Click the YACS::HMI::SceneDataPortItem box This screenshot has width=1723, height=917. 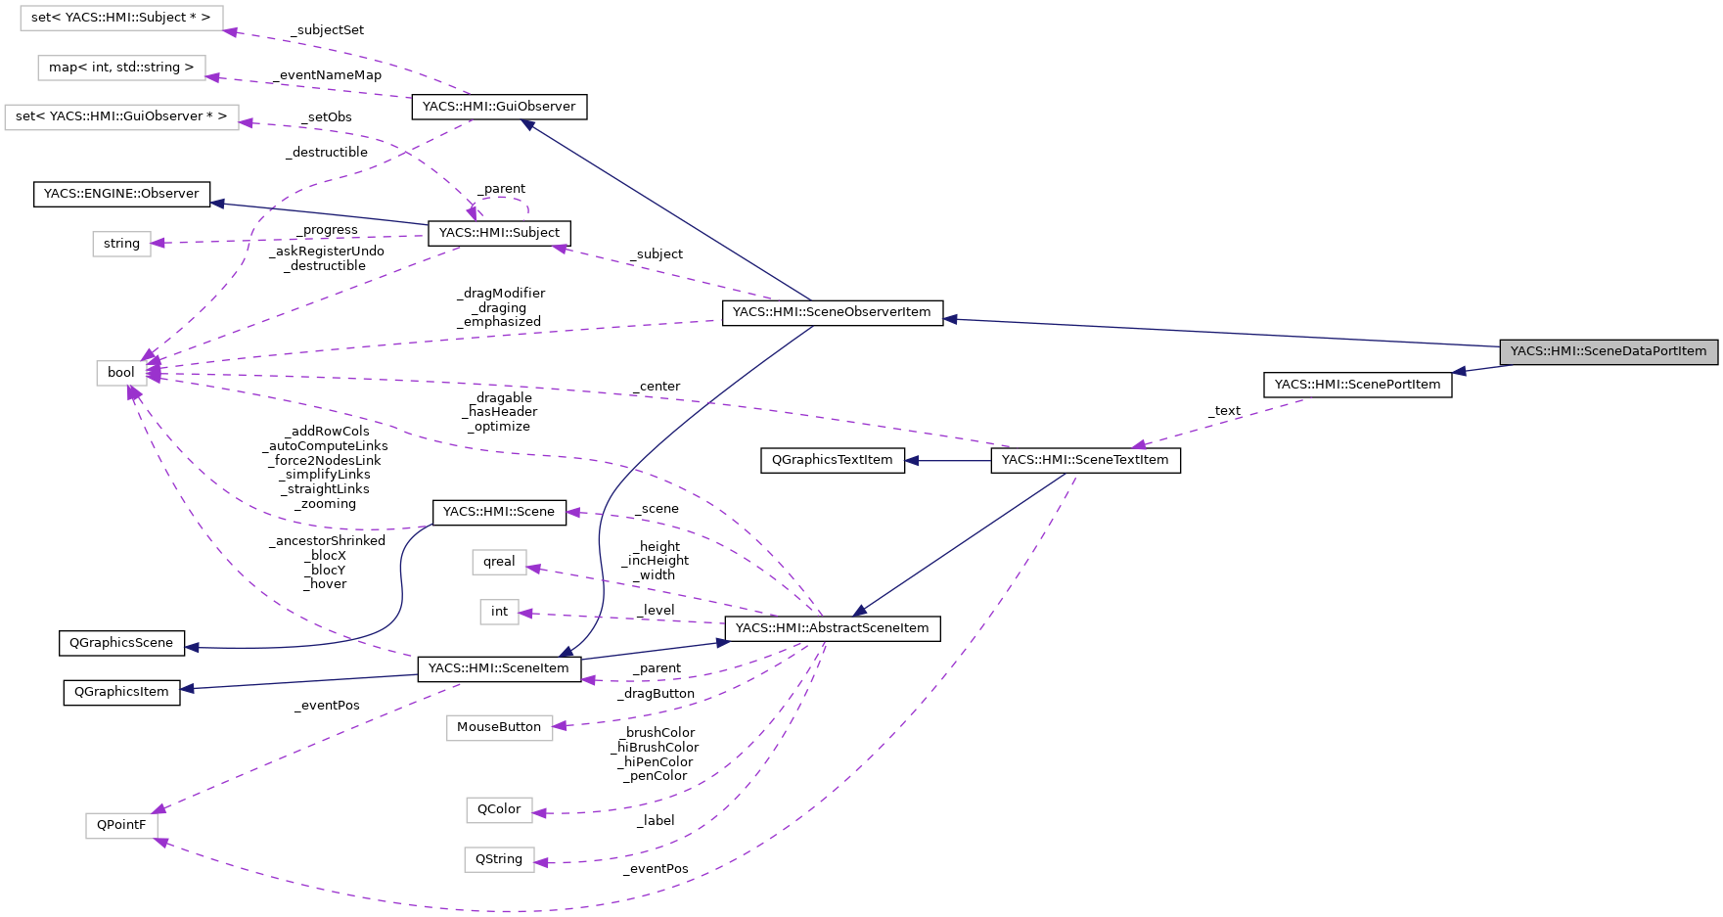pos(1608,351)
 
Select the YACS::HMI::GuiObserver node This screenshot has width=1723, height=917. pos(498,107)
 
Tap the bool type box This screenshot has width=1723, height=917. pos(121,373)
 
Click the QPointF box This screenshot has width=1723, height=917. pos(121,825)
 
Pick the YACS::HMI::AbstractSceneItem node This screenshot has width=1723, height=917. pos(832,628)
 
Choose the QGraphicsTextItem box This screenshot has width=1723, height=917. pos(832,460)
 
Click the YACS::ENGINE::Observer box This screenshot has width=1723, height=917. pos(121,194)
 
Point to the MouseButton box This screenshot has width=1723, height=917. pos(499,727)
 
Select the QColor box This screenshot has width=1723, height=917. pos(499,809)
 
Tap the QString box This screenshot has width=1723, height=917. pos(499,859)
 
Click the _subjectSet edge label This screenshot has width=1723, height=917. pos(328,30)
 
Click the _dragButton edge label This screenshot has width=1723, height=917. pos(656,694)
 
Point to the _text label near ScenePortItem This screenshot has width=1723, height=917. pos(1224,411)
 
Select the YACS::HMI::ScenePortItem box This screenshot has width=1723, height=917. pos(1357,385)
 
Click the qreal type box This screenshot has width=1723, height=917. pos(499,562)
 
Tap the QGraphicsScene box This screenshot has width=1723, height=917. pos(121,643)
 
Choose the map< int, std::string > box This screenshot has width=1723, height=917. pos(121,68)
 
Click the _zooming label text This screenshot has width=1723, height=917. pos(327,504)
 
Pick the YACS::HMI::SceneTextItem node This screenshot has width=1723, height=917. pos(1085,460)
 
